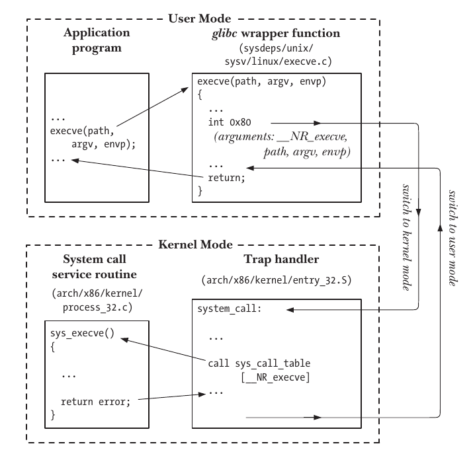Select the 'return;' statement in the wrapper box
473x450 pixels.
coord(227,177)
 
